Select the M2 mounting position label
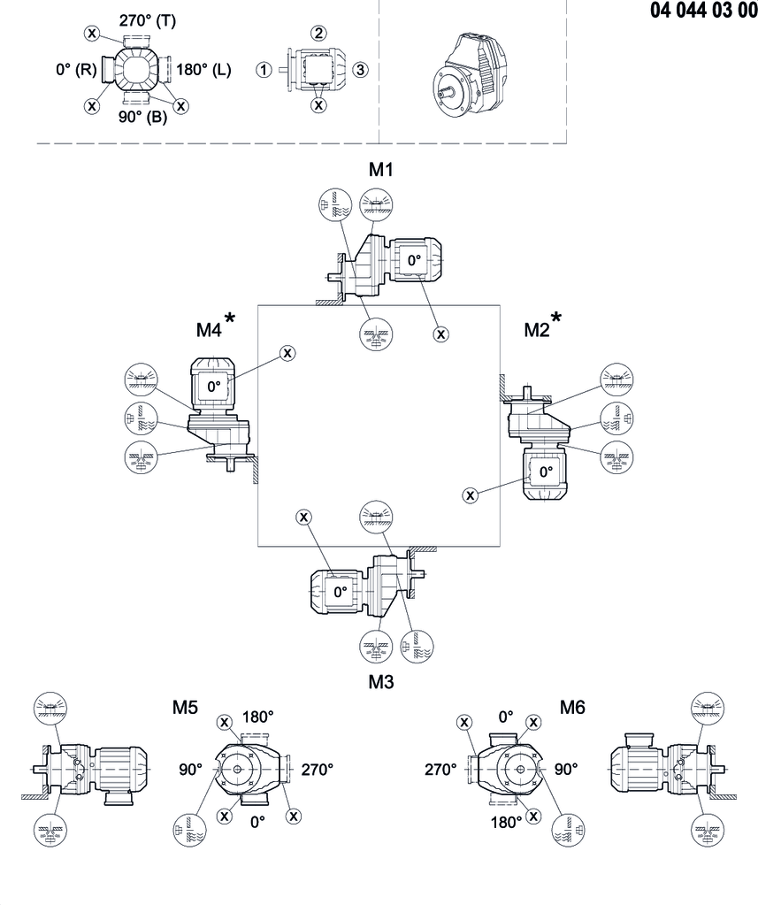(x=538, y=330)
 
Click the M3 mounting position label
(x=381, y=682)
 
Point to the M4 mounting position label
(x=209, y=330)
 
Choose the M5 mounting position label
(x=185, y=708)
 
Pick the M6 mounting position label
(x=572, y=708)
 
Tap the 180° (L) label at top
(x=204, y=70)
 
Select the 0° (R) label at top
(x=74, y=70)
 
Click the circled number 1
(x=263, y=70)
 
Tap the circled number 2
(x=318, y=33)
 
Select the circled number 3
(x=359, y=70)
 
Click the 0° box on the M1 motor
(x=414, y=261)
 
